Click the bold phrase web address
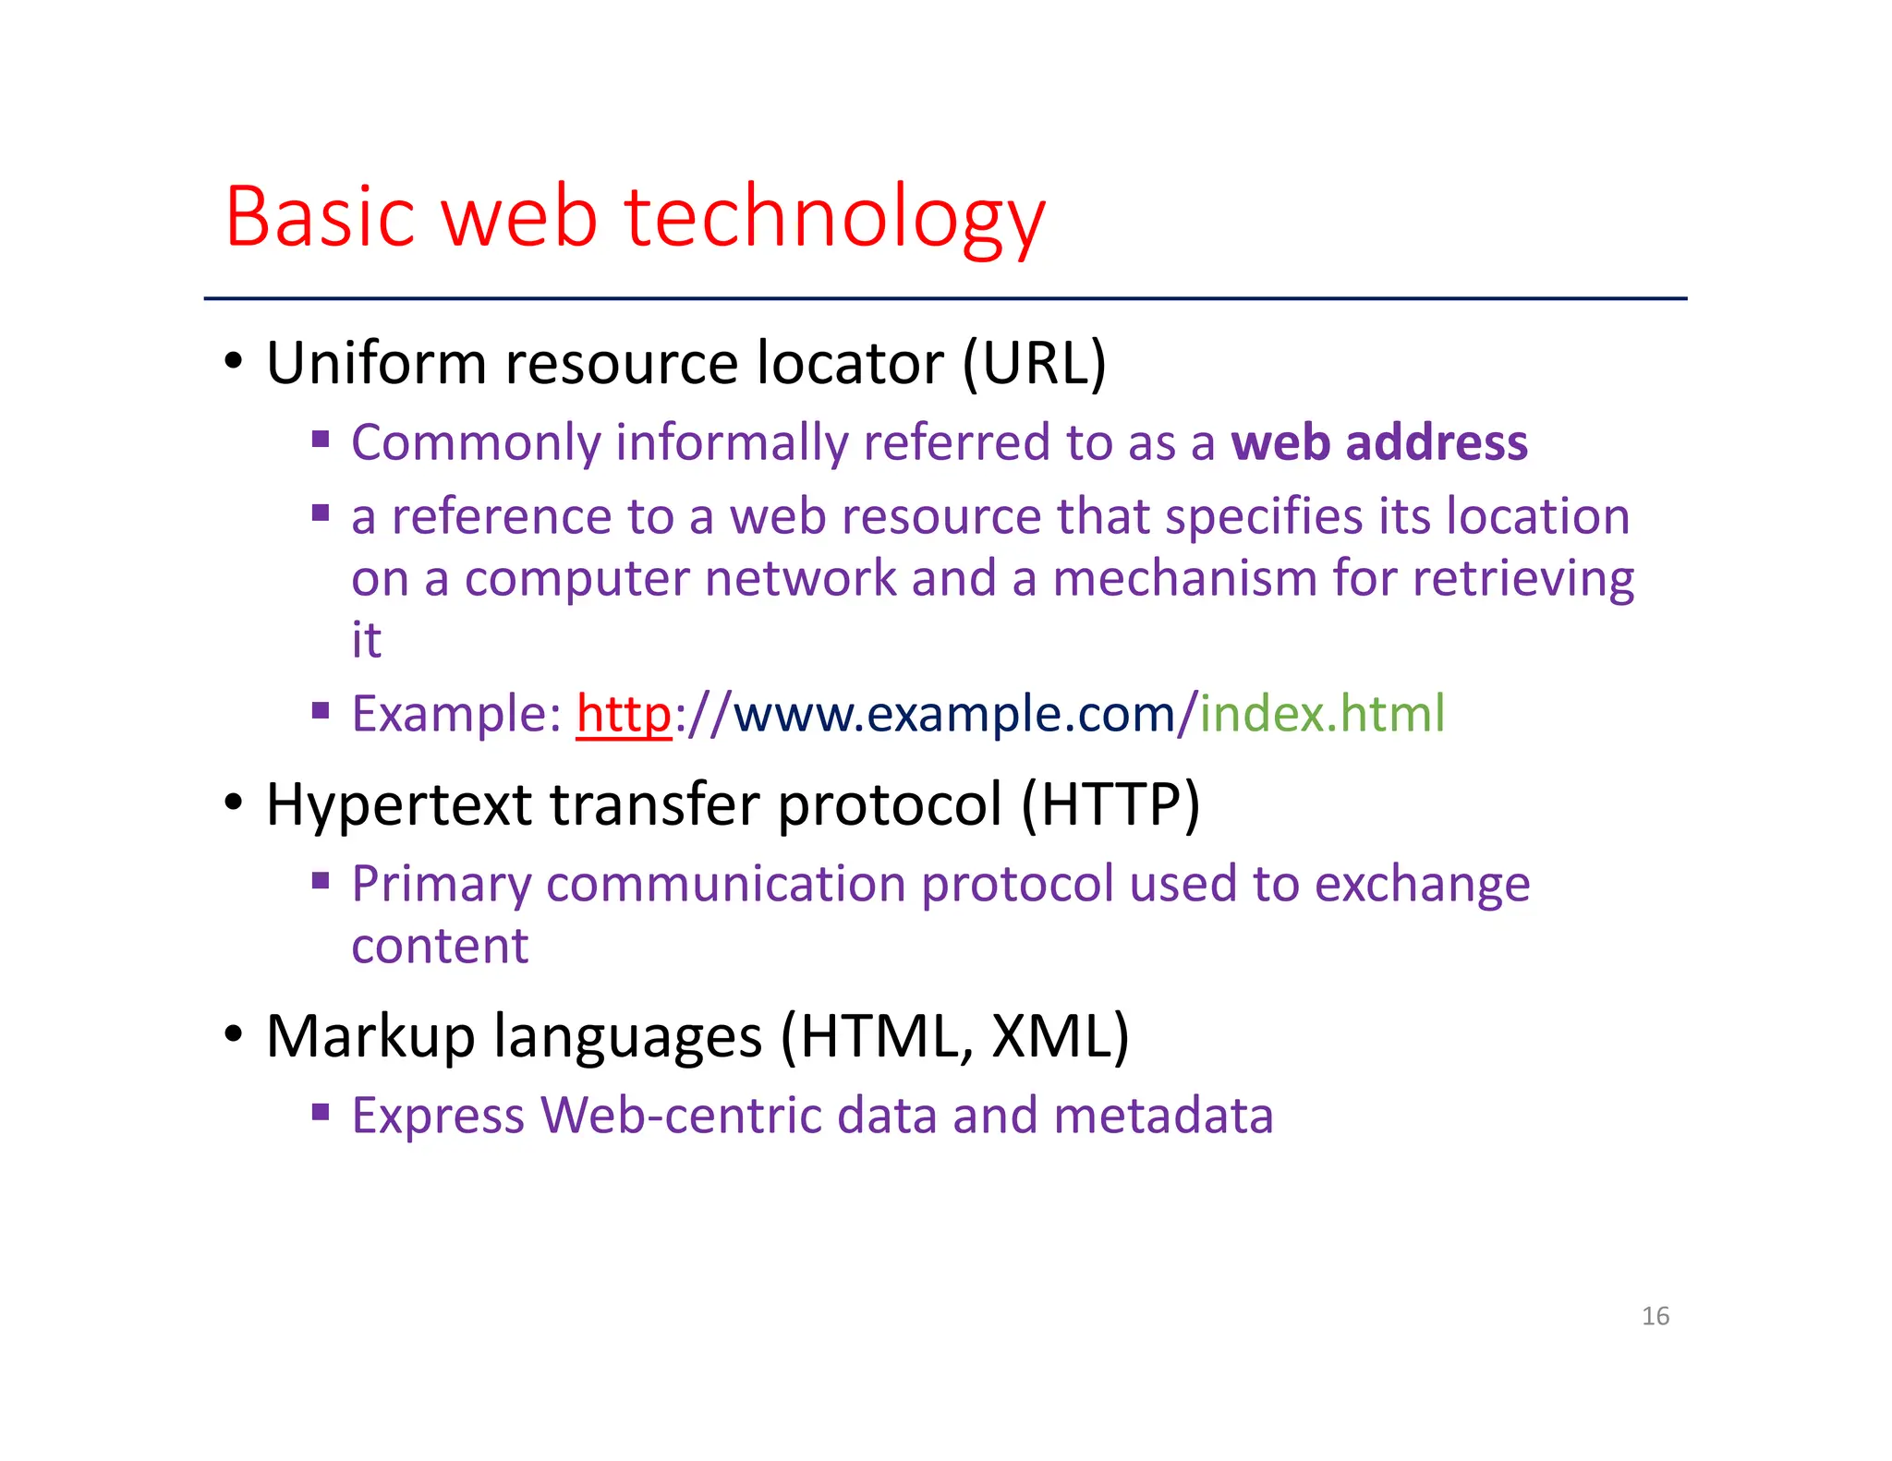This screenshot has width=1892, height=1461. pyautogui.click(x=1379, y=442)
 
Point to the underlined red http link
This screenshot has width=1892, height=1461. pyautogui.click(x=624, y=714)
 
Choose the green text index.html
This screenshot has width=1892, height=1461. pyautogui.click(x=1322, y=714)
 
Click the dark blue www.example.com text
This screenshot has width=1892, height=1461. pyautogui.click(x=954, y=714)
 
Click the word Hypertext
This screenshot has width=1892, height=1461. pyautogui.click(x=398, y=805)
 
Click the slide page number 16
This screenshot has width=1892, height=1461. pyautogui.click(x=1655, y=1316)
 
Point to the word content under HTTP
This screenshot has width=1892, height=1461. pyautogui.click(x=440, y=946)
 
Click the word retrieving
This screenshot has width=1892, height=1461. pyautogui.click(x=1523, y=579)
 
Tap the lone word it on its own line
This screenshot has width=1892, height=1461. pyautogui.click(x=366, y=640)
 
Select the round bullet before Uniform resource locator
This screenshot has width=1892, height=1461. pyautogui.click(x=234, y=361)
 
